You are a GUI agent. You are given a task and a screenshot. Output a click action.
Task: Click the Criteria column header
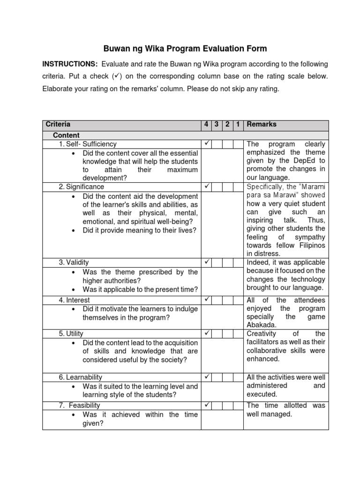tap(58, 124)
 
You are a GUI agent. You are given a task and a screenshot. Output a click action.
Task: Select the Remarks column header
tap(262, 124)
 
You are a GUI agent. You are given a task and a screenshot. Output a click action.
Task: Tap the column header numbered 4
tap(206, 124)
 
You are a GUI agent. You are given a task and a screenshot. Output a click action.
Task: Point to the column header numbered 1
tap(238, 124)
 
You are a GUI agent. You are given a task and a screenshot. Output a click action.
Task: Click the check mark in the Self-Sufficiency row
tap(206, 143)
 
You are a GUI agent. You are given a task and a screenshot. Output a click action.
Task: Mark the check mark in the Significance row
tap(206, 187)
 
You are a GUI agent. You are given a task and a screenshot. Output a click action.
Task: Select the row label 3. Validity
tap(74, 262)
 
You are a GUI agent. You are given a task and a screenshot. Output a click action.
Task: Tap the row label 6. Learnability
tap(80, 377)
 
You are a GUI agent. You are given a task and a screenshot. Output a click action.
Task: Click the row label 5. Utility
tap(71, 334)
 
